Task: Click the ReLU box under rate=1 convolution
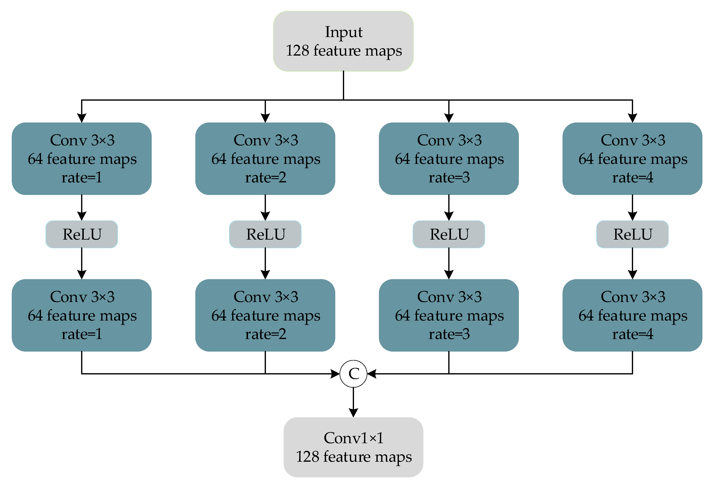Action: click(82, 234)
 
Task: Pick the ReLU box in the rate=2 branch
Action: click(265, 234)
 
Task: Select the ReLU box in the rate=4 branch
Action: click(632, 234)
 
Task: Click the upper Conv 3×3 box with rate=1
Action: click(82, 159)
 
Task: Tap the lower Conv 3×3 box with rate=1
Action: click(82, 315)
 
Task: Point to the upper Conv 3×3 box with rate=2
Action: click(265, 159)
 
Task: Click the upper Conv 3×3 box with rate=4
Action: click(632, 159)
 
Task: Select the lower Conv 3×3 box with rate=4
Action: click(632, 315)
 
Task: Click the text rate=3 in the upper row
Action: click(449, 178)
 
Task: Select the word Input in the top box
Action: click(344, 32)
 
